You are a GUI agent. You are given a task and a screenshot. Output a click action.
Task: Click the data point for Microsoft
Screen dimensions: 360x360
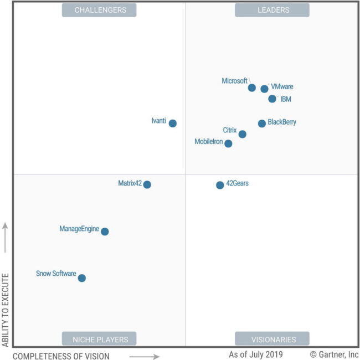252,88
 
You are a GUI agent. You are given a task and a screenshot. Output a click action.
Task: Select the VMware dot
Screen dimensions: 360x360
264,89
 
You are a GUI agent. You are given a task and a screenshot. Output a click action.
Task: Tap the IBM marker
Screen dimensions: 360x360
272,99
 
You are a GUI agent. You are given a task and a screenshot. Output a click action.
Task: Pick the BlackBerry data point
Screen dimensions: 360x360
262,124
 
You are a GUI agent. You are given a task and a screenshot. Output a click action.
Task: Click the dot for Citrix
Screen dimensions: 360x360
242,134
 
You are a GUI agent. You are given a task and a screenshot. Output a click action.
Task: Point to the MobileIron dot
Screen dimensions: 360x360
228,143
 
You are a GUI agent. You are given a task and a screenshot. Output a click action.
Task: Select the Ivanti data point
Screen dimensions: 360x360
173,124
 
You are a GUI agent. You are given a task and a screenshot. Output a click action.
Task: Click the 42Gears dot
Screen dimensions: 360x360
220,185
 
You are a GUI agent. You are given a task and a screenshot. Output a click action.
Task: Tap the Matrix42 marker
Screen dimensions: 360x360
147,184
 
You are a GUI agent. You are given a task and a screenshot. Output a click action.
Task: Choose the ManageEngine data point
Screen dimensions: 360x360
105,232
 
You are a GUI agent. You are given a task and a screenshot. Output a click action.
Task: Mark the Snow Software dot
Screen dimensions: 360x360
82,278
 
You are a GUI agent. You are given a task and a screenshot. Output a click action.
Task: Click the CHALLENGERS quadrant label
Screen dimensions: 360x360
99,10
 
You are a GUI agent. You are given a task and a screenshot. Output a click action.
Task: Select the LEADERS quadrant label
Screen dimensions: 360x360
272,10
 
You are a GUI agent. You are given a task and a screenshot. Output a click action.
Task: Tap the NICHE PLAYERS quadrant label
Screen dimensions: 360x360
99,339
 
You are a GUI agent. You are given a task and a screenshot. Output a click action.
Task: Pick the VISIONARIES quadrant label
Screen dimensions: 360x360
272,339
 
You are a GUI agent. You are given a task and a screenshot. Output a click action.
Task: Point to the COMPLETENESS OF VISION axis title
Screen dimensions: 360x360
61,356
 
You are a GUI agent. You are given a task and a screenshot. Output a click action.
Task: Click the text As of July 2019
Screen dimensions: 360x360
256,354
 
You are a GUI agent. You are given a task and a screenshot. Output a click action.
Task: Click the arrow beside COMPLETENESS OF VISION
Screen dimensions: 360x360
145,356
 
